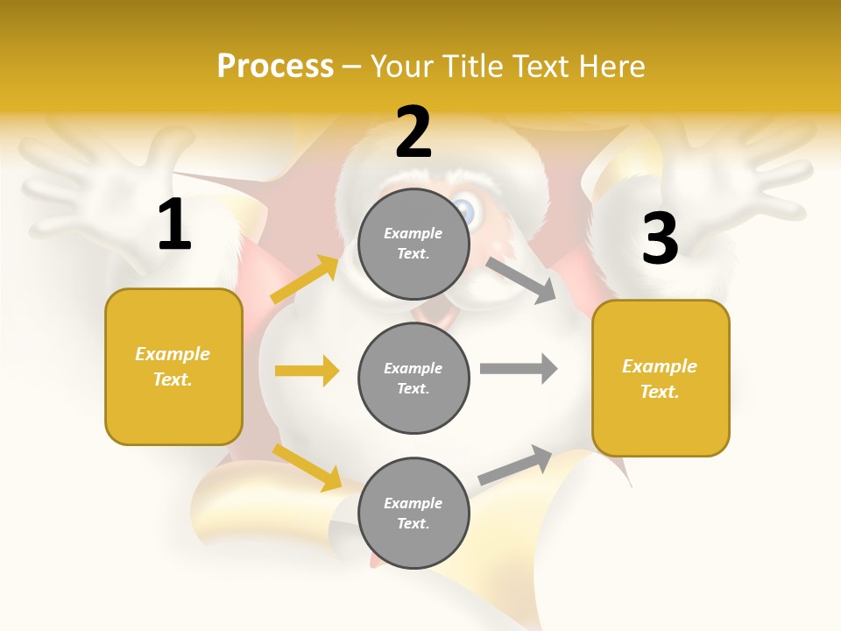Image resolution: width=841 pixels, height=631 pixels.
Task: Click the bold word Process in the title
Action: [275, 66]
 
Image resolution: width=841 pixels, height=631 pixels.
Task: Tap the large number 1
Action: [173, 224]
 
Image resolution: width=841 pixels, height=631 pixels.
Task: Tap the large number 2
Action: [413, 132]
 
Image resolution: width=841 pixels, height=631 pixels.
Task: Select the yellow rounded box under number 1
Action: [173, 366]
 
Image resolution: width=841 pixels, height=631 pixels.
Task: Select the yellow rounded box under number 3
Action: [661, 379]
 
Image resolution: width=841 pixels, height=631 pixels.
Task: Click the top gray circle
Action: [413, 243]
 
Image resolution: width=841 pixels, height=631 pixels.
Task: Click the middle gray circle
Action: [413, 378]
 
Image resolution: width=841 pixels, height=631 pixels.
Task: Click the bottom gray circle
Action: [413, 513]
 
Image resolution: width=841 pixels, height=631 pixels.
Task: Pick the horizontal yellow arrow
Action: [307, 371]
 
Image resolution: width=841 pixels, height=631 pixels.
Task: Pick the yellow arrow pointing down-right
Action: [307, 467]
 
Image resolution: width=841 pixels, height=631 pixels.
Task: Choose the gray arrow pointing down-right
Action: [522, 280]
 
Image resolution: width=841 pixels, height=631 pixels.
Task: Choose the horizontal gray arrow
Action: [519, 368]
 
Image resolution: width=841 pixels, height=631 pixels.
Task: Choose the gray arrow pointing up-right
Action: [516, 465]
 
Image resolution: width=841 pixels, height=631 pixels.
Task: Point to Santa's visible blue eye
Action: [463, 211]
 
